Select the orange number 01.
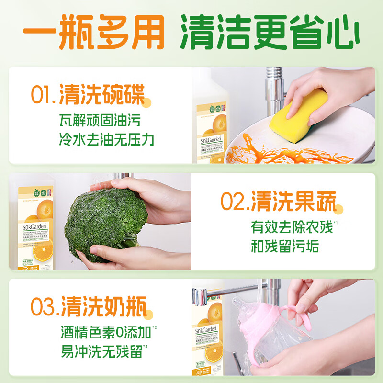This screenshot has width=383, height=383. pos(44,94)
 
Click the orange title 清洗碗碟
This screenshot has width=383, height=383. pos(102,94)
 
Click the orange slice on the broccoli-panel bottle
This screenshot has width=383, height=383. pos(42,250)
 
